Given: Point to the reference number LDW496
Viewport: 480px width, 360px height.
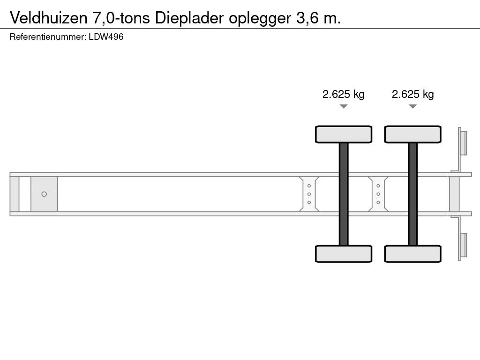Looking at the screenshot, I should pos(106,37).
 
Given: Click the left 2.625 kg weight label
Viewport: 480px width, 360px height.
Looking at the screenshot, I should pos(344,94).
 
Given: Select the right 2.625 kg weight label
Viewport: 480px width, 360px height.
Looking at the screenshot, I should pos(412,94).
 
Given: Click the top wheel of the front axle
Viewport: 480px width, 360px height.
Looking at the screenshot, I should pos(344,134).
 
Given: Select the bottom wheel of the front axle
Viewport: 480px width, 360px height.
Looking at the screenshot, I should pos(344,254).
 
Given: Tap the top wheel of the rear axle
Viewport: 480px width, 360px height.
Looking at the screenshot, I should pos(412,134).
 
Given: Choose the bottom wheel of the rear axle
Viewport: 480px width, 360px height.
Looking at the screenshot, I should pos(412,254).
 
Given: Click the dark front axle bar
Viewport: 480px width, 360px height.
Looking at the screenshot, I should pos(344,194).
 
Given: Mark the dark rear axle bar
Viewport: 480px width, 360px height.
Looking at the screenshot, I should pos(412,194).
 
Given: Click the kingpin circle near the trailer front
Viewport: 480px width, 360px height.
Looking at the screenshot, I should pos(44,194).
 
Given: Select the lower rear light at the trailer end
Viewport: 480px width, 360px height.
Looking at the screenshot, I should pos(463,246).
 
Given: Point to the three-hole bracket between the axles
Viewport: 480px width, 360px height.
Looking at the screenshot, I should pos(378,194).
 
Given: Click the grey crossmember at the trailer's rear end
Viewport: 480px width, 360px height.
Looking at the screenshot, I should pos(454,194).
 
